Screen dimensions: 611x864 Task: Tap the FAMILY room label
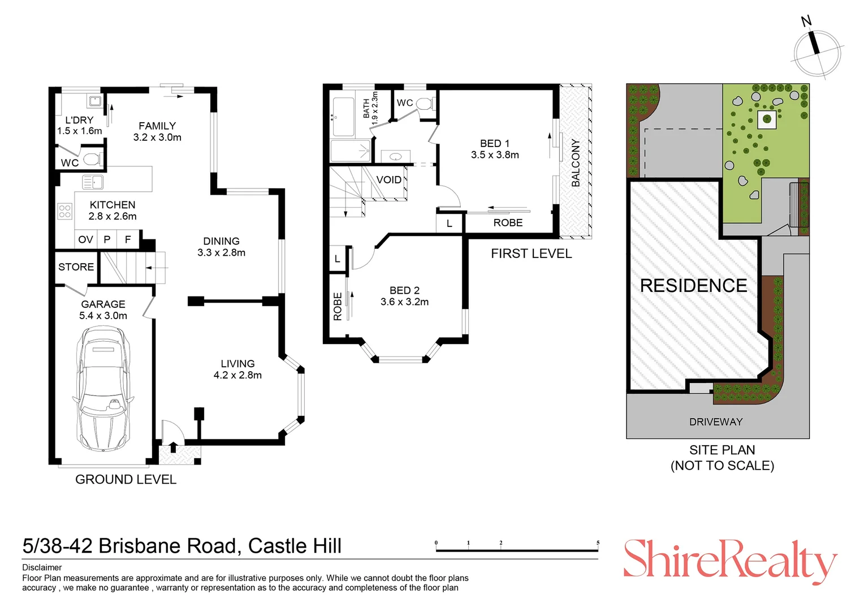click(157, 126)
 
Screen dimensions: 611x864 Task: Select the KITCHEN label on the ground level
click(113, 205)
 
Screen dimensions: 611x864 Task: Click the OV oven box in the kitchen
click(85, 240)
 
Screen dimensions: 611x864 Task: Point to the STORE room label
click(76, 267)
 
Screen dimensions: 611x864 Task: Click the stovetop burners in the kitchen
click(65, 212)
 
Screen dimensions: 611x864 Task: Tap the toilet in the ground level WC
click(92, 159)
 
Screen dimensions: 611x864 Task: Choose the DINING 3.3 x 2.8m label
click(221, 247)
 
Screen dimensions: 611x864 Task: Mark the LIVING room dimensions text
click(237, 375)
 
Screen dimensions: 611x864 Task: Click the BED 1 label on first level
click(495, 144)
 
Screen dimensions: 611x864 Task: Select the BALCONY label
click(576, 162)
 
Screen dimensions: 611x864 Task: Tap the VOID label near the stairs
click(389, 180)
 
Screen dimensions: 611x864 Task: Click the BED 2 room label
click(404, 290)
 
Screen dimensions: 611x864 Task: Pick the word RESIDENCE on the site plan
click(693, 286)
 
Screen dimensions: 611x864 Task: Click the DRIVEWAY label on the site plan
click(716, 422)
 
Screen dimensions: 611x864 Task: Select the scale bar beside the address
click(517, 549)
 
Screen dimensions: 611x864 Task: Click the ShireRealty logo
click(729, 560)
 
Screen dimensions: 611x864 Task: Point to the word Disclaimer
click(42, 567)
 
